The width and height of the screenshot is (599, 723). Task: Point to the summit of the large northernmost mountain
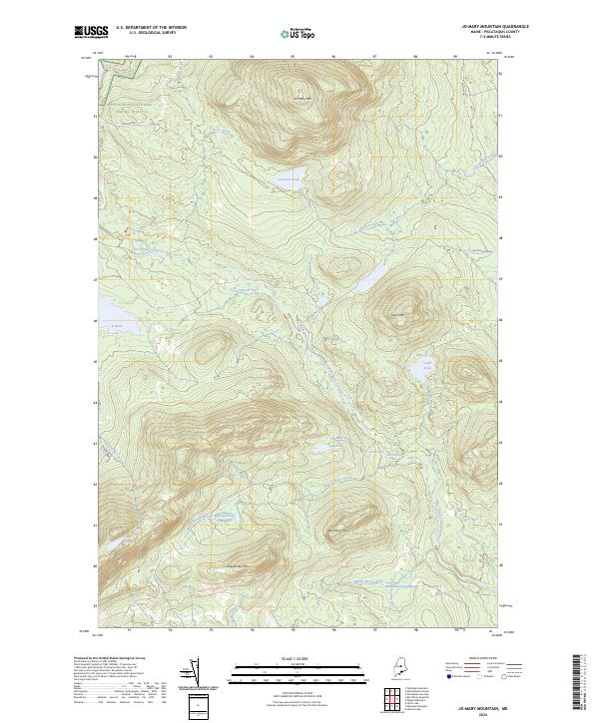pos(304,98)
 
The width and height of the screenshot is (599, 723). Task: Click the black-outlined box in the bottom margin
pos(198,706)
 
